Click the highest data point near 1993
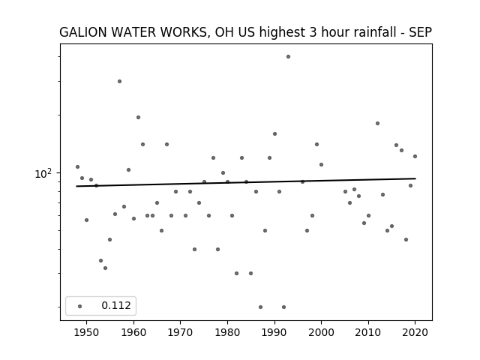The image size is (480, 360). pyautogui.click(x=288, y=57)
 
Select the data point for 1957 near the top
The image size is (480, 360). pyautogui.click(x=120, y=82)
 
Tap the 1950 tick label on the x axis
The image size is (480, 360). pyautogui.click(x=87, y=332)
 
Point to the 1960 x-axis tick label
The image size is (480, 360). pyautogui.click(x=133, y=332)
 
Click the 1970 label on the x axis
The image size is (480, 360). pyautogui.click(x=181, y=332)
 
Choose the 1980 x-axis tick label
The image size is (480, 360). pyautogui.click(x=227, y=332)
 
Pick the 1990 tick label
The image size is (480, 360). pyautogui.click(x=274, y=332)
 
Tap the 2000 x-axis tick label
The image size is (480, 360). pyautogui.click(x=322, y=332)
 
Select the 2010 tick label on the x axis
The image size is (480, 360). pyautogui.click(x=368, y=332)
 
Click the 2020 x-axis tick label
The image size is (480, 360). pyautogui.click(x=415, y=332)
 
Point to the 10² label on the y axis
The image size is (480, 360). pyautogui.click(x=43, y=173)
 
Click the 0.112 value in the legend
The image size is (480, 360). pyautogui.click(x=116, y=305)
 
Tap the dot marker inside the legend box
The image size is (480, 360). pyautogui.click(x=80, y=306)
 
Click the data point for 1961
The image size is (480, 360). pyautogui.click(x=138, y=118)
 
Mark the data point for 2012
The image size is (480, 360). pyautogui.click(x=378, y=123)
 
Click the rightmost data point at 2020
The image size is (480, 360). pyautogui.click(x=415, y=157)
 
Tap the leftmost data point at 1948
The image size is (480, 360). pyautogui.click(x=77, y=166)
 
